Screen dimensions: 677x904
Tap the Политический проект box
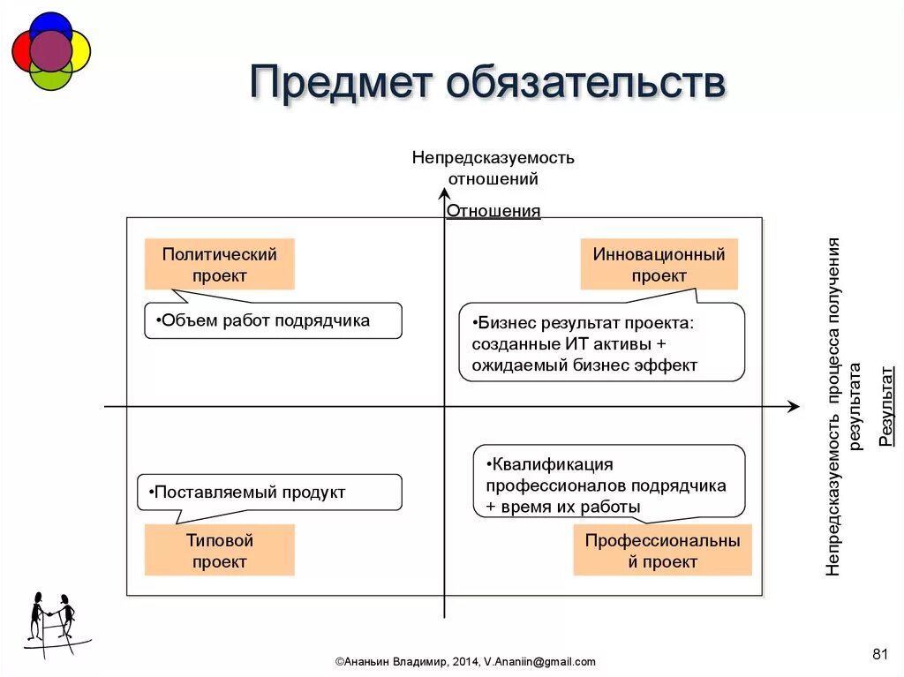pos(219,265)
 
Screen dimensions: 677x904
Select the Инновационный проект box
pos(659,265)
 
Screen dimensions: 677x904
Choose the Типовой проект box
pos(219,551)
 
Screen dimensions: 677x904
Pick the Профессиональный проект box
pos(662,551)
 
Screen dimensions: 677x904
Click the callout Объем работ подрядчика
pos(272,321)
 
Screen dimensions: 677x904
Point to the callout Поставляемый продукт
pos(269,493)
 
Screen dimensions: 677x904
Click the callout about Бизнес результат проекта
pos(601,343)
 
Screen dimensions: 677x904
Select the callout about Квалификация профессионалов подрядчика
pos(609,485)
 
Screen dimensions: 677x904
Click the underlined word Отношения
pos(493,211)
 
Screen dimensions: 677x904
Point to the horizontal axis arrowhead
pos(793,406)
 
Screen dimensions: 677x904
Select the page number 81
pos(879,653)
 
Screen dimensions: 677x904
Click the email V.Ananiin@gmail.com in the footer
pos(539,661)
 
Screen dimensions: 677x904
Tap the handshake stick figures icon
pos(52,621)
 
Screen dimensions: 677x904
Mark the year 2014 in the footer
pos(466,661)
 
